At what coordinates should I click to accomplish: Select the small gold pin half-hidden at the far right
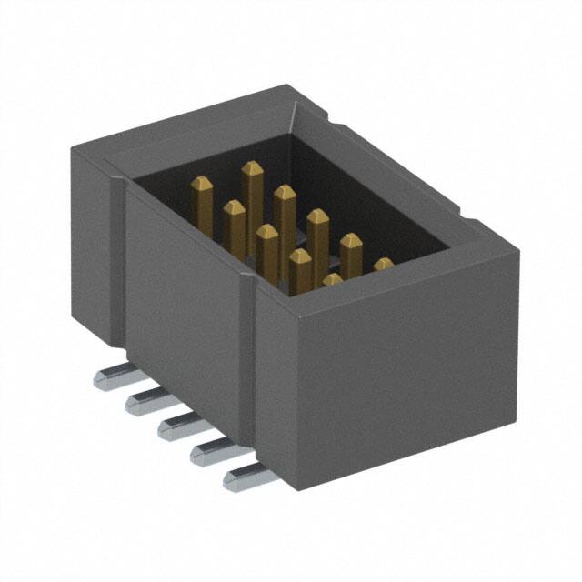point(384,266)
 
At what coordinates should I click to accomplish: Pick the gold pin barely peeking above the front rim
point(332,279)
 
